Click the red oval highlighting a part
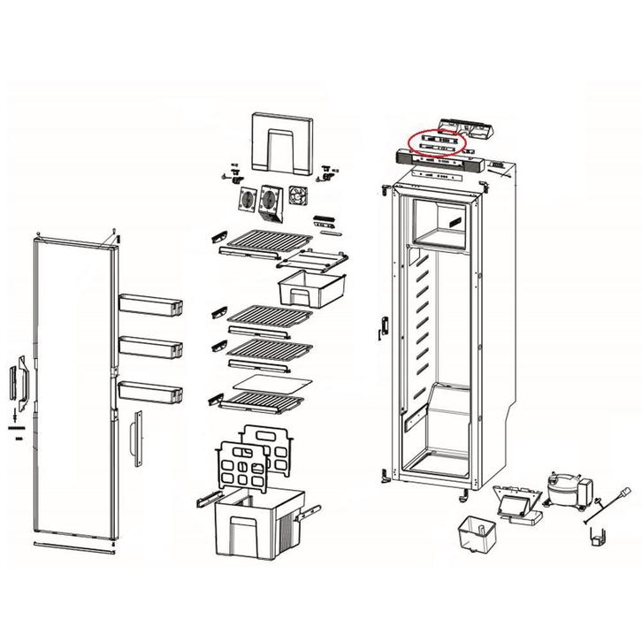[x=436, y=142]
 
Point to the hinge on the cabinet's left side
[x=383, y=325]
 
